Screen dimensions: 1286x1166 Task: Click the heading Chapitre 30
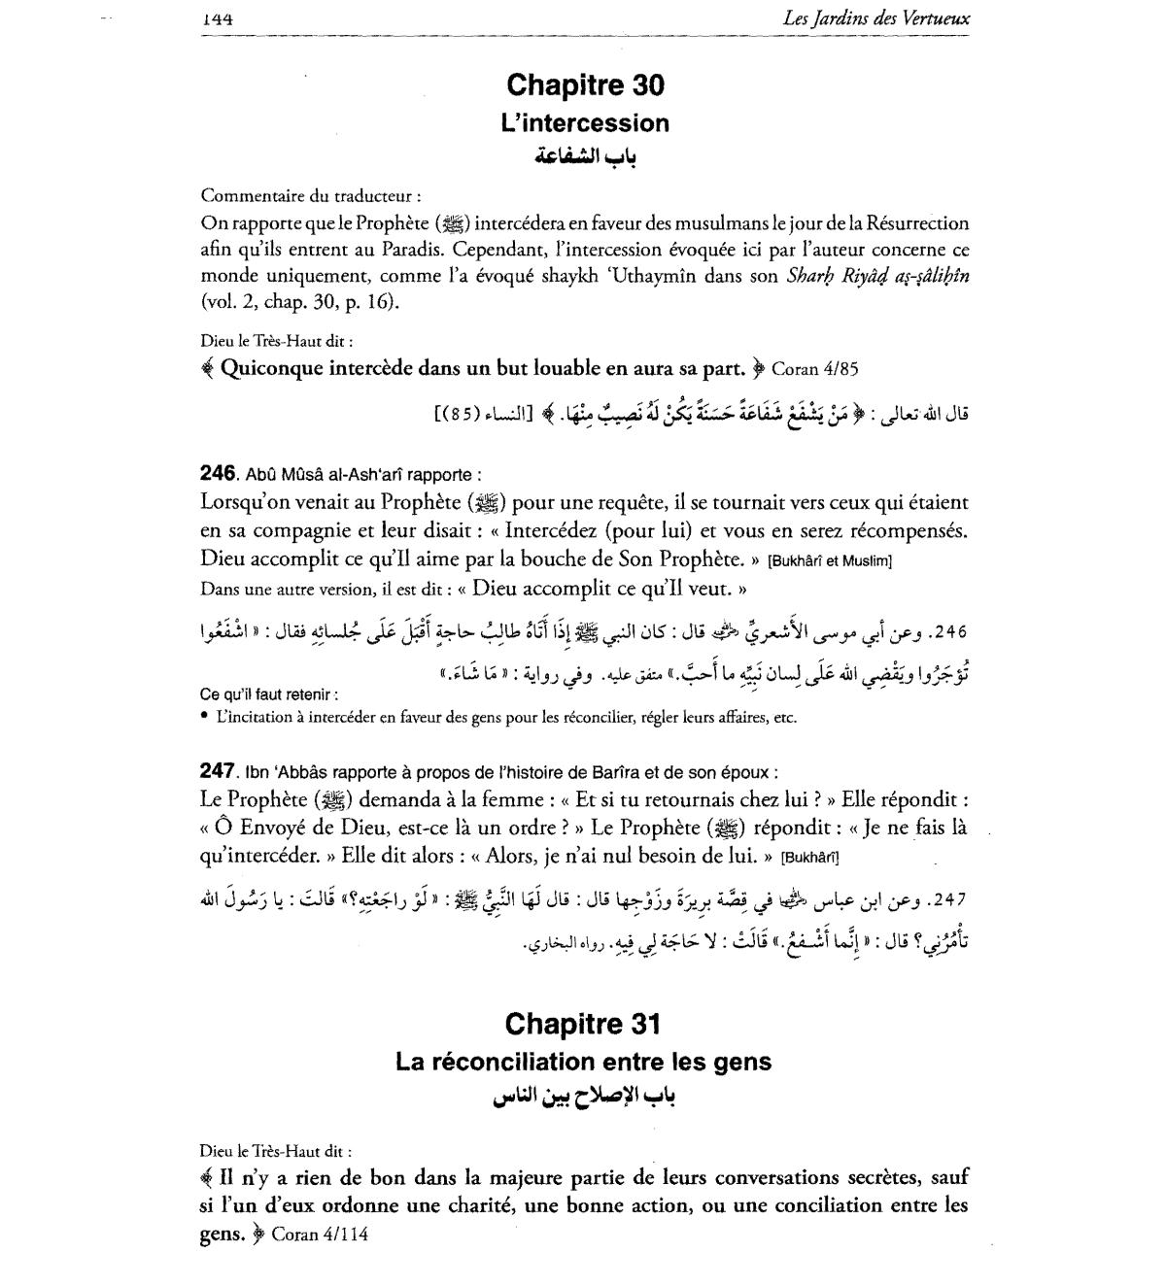coord(585,85)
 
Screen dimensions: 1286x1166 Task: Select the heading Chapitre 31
coord(583,1024)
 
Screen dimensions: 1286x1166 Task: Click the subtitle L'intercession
coord(585,123)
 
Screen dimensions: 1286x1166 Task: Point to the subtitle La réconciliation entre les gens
coord(583,1062)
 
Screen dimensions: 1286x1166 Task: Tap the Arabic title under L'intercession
coord(585,157)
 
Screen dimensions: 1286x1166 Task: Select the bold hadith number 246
coord(218,474)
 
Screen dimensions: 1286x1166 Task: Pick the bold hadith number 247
coord(218,771)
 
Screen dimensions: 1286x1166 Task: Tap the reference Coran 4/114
coord(320,1235)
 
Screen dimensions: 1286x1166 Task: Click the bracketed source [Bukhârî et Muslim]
coord(830,561)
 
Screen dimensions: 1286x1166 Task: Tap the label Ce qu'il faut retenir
coord(268,695)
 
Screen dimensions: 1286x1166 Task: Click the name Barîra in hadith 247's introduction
coord(624,772)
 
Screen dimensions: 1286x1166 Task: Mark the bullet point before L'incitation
coord(205,718)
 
